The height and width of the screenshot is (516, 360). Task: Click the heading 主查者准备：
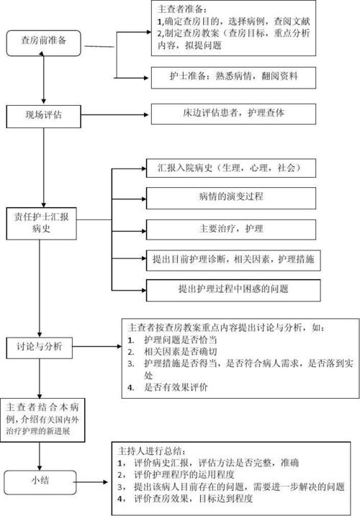pyautogui.click(x=182, y=10)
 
